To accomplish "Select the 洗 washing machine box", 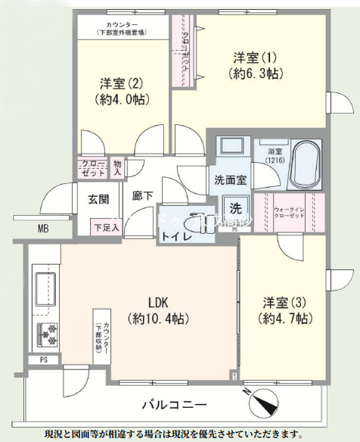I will point(236,208).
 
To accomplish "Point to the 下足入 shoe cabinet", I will point(106,226).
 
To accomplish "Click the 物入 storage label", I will point(117,167).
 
